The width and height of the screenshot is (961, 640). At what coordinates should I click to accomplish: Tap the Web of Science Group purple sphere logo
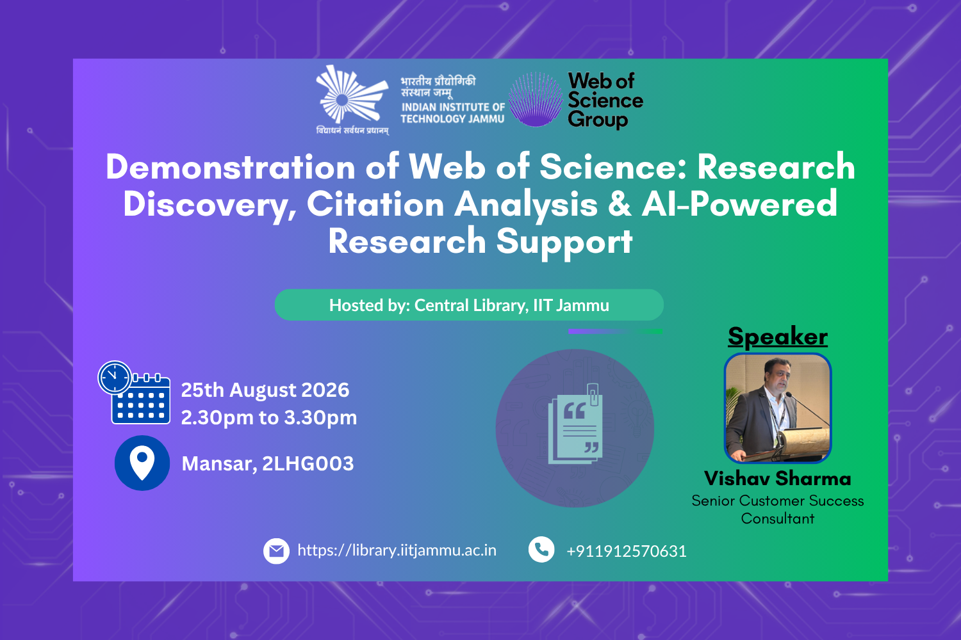[x=536, y=99]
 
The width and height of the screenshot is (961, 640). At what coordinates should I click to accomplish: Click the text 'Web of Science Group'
[x=605, y=100]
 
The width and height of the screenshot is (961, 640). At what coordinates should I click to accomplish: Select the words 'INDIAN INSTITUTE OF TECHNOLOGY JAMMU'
[x=452, y=113]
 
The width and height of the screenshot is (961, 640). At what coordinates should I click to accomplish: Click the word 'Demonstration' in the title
[x=231, y=167]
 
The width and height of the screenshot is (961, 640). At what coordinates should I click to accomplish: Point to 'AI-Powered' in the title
[x=739, y=204]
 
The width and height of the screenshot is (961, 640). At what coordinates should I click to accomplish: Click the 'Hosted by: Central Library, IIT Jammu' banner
[x=469, y=305]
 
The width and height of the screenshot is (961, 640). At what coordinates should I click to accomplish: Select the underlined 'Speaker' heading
[x=778, y=337]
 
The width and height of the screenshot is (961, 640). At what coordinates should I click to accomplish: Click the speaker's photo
[x=778, y=408]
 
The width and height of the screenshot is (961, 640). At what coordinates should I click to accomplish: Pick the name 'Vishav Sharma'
[x=777, y=478]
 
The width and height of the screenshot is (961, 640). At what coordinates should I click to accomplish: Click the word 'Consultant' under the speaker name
[x=777, y=518]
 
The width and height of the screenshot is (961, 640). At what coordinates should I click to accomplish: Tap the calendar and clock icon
[x=134, y=393]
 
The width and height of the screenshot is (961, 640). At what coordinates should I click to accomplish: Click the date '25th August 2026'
[x=265, y=390]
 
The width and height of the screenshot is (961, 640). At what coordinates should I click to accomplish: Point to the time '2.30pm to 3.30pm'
[x=269, y=418]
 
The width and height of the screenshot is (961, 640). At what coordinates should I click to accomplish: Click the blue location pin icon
[x=142, y=463]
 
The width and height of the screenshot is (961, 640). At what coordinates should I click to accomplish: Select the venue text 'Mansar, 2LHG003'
[x=268, y=464]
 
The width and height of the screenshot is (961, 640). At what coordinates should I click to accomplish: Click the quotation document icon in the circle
[x=575, y=424]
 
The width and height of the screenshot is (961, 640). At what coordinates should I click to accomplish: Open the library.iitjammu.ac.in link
[x=397, y=550]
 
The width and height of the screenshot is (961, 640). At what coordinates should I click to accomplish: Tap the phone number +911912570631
[x=627, y=551]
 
